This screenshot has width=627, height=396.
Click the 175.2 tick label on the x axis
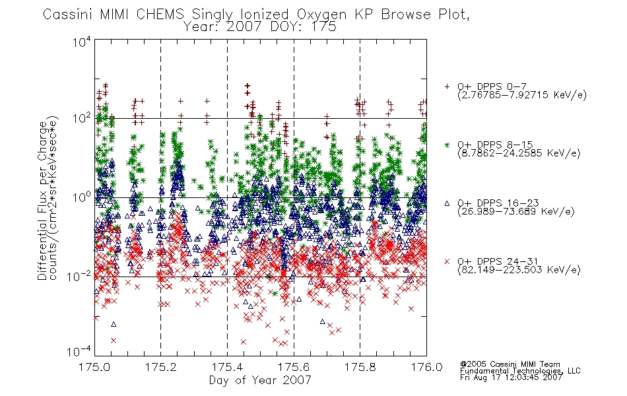tap(161, 367)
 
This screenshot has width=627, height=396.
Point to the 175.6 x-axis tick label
tap(294, 367)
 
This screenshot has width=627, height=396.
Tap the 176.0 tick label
tap(426, 367)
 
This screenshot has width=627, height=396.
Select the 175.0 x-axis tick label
tap(94, 367)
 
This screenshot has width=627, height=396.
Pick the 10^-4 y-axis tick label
tap(79, 351)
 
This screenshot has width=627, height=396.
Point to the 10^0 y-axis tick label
tap(82, 197)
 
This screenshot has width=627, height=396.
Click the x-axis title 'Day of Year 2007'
tap(260, 380)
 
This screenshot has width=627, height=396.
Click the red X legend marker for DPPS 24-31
tap(447, 261)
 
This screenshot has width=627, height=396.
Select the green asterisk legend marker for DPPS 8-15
tap(447, 145)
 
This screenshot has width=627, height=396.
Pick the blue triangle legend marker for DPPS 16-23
tap(447, 203)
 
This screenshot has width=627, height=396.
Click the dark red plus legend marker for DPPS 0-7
tap(447, 86)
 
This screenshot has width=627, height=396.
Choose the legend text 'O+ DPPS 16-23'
tap(498, 203)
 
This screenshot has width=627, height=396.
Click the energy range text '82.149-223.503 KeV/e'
tap(519, 270)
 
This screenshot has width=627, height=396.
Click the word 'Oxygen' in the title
tap(321, 15)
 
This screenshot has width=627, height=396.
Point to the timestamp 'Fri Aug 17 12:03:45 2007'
tap(511, 378)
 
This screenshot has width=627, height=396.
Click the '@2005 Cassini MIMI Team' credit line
tap(510, 364)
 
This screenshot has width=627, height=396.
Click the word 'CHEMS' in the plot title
tap(160, 15)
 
